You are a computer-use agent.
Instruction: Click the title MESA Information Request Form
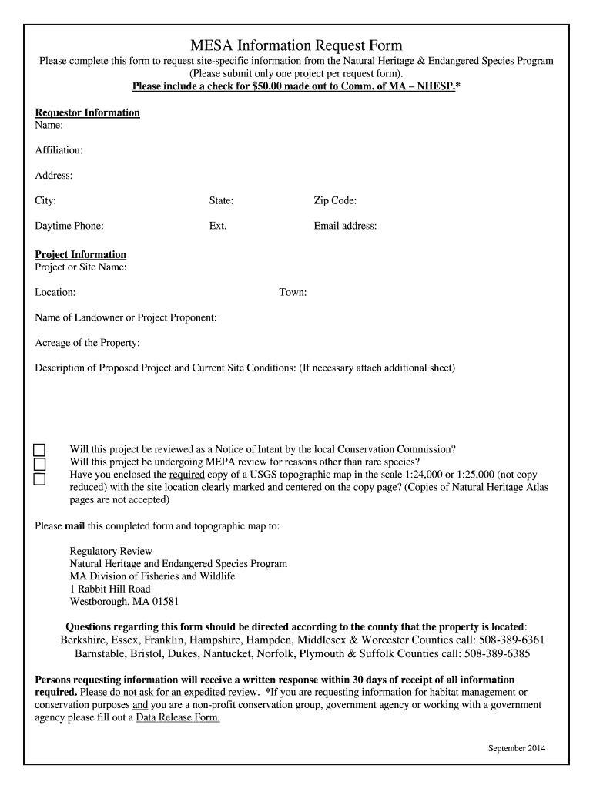click(296, 45)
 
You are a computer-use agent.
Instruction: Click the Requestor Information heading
click(88, 112)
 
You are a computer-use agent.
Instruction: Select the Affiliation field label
click(59, 150)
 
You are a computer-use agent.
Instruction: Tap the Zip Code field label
click(335, 201)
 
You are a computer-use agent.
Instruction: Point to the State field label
click(221, 201)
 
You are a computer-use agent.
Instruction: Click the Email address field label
click(345, 227)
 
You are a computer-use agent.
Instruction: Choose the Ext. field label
click(218, 227)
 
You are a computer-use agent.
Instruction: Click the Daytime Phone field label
click(69, 227)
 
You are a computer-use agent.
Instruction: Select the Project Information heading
click(81, 255)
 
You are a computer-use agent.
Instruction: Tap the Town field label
click(293, 293)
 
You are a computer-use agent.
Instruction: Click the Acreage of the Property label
click(88, 343)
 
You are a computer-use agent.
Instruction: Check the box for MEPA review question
click(39, 465)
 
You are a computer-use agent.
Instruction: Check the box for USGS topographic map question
click(39, 479)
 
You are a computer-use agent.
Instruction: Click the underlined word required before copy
click(187, 475)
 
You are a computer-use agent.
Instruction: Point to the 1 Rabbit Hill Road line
click(110, 589)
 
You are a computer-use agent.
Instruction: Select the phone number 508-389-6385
click(497, 654)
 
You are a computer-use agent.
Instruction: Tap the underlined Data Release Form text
click(178, 717)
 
